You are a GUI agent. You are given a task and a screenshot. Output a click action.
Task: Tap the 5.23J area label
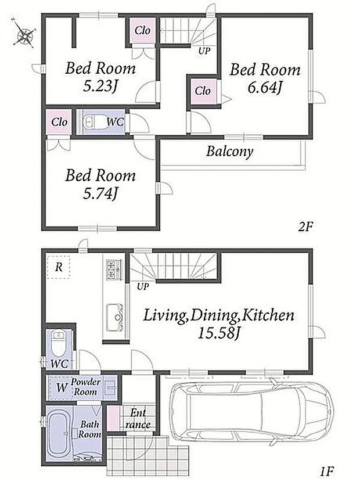(x=101, y=87)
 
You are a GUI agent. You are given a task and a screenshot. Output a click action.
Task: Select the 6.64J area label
(x=265, y=88)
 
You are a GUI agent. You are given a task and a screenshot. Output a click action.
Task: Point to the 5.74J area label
(x=101, y=194)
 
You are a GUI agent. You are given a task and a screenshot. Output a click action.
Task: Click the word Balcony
(x=230, y=152)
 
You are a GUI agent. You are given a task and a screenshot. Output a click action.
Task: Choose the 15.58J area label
(x=219, y=333)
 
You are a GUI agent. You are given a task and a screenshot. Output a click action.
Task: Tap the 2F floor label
(x=305, y=227)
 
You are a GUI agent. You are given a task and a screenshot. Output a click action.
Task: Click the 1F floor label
(x=327, y=472)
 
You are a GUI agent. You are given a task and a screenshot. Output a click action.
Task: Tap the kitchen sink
(x=115, y=317)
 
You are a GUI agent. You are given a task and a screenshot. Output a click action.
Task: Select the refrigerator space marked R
(x=59, y=267)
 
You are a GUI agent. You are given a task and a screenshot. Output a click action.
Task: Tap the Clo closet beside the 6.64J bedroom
(x=203, y=91)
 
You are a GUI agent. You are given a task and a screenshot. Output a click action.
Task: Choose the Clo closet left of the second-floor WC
(x=59, y=122)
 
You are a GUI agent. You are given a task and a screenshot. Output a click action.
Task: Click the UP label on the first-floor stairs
(x=143, y=287)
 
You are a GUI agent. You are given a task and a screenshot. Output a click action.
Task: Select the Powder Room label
(x=86, y=387)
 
